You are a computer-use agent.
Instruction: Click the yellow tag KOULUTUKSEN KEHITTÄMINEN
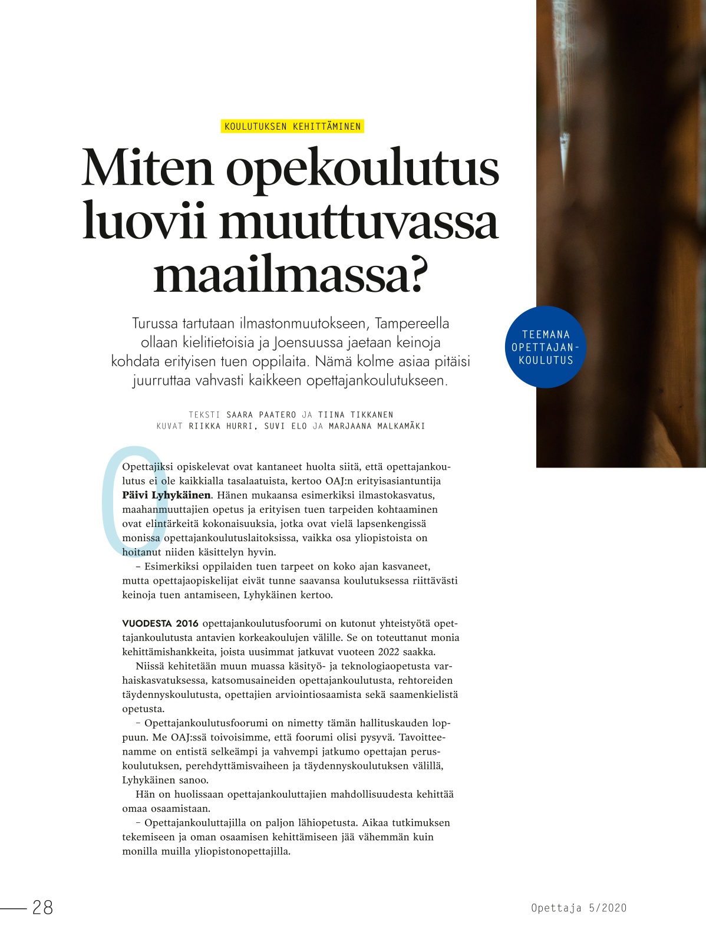tap(292, 126)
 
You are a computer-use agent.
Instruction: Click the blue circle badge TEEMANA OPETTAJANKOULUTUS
tap(546, 347)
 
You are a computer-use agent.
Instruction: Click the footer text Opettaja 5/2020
tap(579, 908)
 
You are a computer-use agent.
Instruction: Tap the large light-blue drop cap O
tap(134, 500)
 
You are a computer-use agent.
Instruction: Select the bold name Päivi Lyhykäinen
tap(166, 495)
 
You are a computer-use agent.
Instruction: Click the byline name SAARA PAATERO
tap(261, 414)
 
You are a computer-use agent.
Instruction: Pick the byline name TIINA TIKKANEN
tap(355, 414)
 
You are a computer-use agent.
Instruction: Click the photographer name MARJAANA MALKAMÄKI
tap(377, 426)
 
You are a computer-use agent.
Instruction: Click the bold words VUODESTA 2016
tap(160, 624)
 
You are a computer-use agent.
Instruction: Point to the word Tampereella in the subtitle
tap(412, 324)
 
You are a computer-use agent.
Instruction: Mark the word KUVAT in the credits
tap(170, 426)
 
